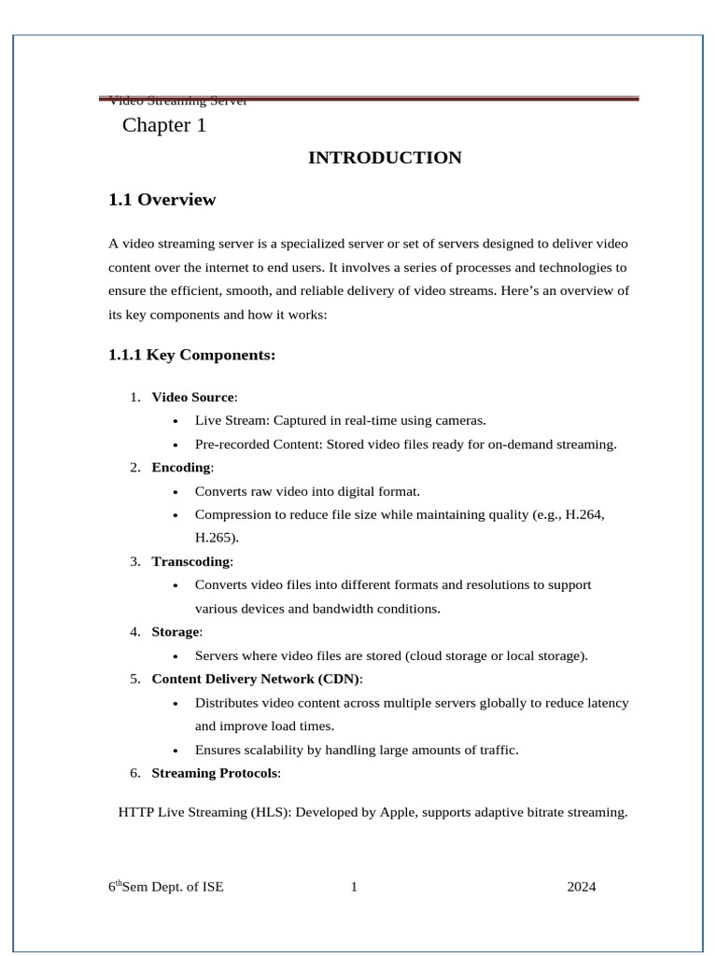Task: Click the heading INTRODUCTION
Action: click(385, 158)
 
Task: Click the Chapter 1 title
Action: click(163, 125)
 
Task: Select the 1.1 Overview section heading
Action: click(162, 199)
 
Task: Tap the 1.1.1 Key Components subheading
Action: click(192, 355)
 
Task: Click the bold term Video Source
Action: click(193, 397)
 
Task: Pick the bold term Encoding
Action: click(181, 467)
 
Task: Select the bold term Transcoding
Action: click(191, 561)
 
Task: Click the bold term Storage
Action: click(176, 631)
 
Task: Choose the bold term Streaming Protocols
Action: click(215, 772)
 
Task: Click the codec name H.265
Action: click(214, 538)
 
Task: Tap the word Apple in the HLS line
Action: click(397, 812)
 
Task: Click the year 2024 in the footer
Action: click(581, 887)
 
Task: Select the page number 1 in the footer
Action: click(354, 887)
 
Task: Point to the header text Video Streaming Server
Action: click(177, 101)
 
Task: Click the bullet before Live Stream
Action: click(176, 421)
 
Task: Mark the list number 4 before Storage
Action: click(135, 631)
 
